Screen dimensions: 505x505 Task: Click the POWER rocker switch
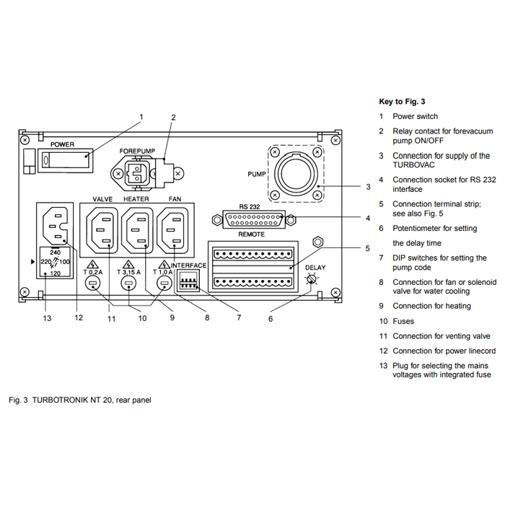click(x=66, y=159)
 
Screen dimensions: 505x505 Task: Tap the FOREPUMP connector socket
click(x=138, y=173)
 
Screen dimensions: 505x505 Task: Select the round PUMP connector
click(x=296, y=174)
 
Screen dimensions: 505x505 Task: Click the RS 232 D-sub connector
click(x=254, y=219)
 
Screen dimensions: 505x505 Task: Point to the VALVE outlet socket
click(x=102, y=230)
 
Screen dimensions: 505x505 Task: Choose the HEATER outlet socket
click(x=137, y=230)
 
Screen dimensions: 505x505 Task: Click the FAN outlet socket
click(x=172, y=230)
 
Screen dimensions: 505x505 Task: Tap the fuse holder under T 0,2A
click(x=93, y=284)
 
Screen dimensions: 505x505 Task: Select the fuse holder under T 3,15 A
click(x=128, y=284)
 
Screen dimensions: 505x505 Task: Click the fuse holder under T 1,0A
click(x=164, y=284)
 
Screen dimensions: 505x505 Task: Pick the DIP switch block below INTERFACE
click(x=189, y=281)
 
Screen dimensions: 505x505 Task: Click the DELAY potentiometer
click(x=311, y=279)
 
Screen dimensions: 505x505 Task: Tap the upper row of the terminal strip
click(x=253, y=254)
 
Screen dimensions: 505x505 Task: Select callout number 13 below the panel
click(x=47, y=318)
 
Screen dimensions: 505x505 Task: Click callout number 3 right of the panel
click(x=368, y=187)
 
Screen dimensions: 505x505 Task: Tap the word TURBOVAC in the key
click(x=413, y=165)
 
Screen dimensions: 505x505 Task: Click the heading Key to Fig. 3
click(x=402, y=102)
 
